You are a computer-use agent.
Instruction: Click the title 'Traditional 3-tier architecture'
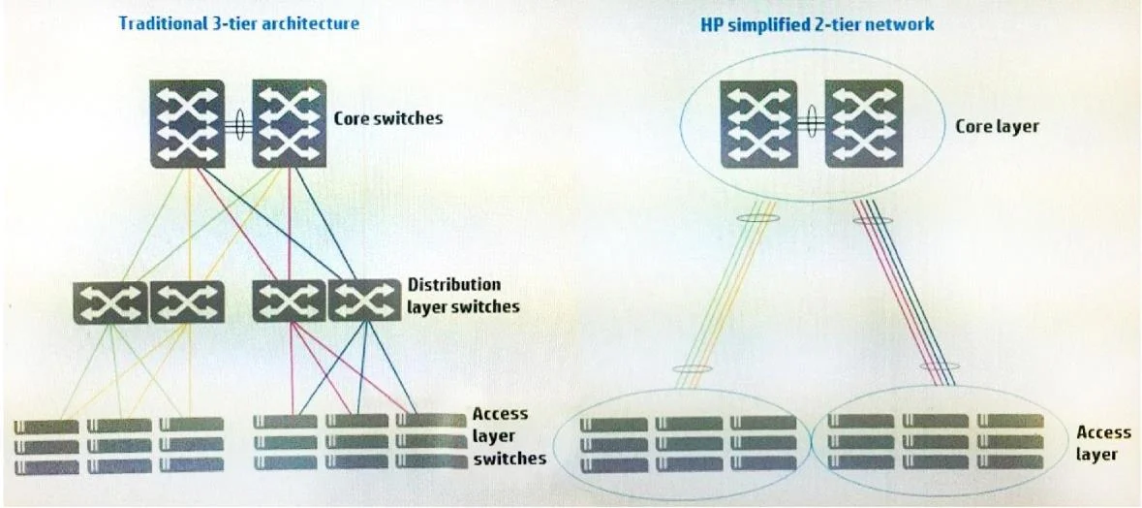pyautogui.click(x=239, y=22)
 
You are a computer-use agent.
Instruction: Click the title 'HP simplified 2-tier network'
pyautogui.click(x=817, y=24)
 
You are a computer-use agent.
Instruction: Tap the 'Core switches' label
pyautogui.click(x=388, y=117)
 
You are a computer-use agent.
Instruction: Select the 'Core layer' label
pyautogui.click(x=997, y=126)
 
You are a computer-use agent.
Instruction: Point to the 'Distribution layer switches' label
pyautogui.click(x=463, y=295)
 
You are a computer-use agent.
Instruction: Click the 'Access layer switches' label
pyautogui.click(x=509, y=436)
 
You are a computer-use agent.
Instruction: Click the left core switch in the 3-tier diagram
pyautogui.click(x=187, y=124)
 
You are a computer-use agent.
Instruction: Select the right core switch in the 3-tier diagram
pyautogui.click(x=290, y=124)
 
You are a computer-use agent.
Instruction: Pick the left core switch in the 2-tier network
pyautogui.click(x=758, y=124)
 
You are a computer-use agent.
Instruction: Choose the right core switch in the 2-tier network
pyautogui.click(x=864, y=124)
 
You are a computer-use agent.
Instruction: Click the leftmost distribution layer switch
pyautogui.click(x=110, y=302)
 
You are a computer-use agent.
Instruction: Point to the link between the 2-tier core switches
pyautogui.click(x=811, y=124)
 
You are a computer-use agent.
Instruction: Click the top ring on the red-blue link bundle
pyautogui.click(x=874, y=219)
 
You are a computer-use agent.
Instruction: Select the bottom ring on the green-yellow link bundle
pyautogui.click(x=690, y=368)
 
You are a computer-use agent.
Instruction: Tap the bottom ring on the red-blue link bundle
pyautogui.click(x=940, y=365)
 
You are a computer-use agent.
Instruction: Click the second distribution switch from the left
pyautogui.click(x=187, y=302)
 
